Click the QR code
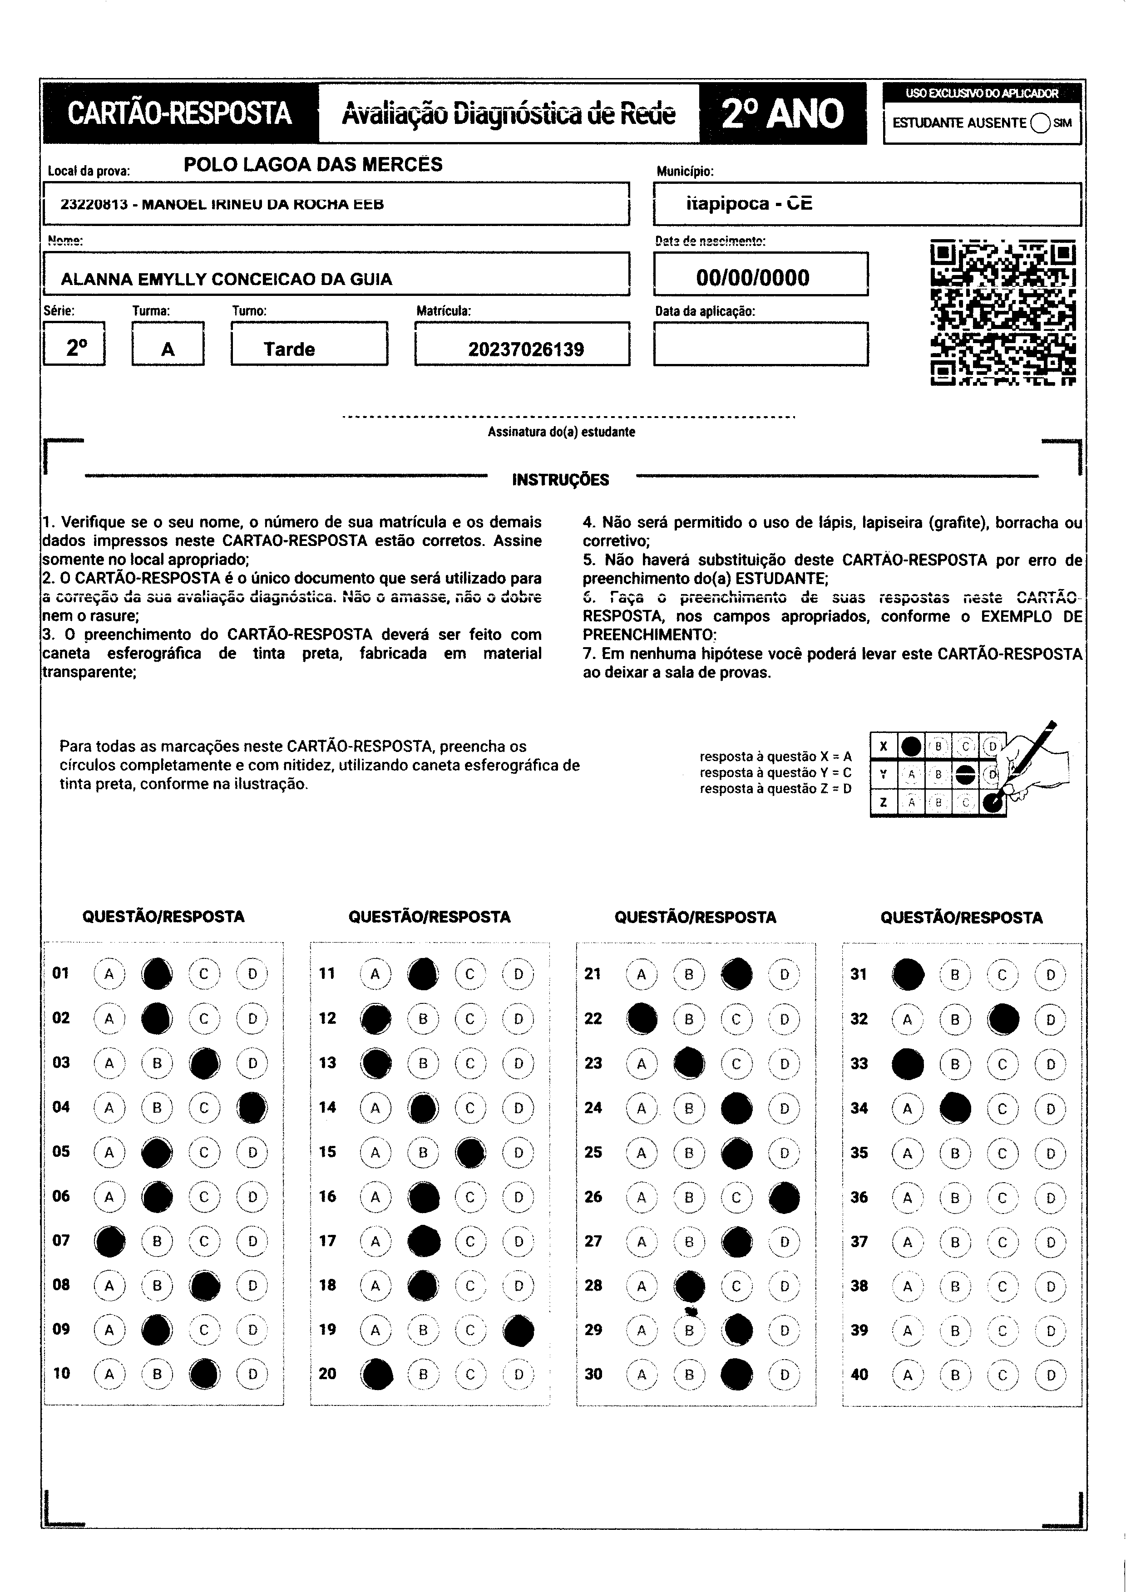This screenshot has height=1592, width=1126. coord(1003,313)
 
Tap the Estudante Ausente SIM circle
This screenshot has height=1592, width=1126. coord(1040,123)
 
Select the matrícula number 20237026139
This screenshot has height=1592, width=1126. coord(525,349)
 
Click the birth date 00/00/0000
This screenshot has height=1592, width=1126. coord(753,277)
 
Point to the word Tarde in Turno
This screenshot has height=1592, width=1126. coord(289,349)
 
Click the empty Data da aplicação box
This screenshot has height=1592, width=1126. coord(761,344)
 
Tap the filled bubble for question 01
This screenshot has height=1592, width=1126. coord(157,973)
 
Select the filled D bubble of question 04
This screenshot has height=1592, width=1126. coord(252,1107)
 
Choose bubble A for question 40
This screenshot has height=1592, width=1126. coord(907,1375)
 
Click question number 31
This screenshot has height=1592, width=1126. coord(859,974)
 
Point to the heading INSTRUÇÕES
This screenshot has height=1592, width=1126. coord(561,480)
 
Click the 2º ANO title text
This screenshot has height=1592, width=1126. coord(783,114)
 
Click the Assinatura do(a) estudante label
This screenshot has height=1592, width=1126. coord(561,432)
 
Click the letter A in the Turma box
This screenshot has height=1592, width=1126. coord(168,349)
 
